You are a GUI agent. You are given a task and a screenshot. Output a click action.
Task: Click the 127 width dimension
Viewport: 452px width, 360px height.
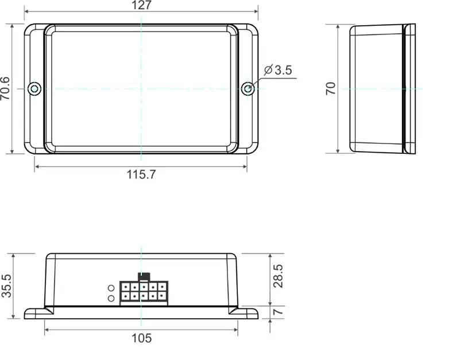pos(141,6)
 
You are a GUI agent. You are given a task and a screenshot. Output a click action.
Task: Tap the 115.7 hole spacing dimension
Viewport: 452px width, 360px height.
pos(141,175)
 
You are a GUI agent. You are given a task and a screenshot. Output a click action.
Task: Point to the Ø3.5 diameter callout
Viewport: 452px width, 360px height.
pos(279,70)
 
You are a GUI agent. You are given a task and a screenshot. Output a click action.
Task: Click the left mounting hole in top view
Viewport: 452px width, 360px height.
pos(35,88)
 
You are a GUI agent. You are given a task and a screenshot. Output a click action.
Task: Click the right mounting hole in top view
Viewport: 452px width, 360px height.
pos(248,88)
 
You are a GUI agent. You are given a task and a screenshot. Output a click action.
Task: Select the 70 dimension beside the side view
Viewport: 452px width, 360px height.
pos(331,88)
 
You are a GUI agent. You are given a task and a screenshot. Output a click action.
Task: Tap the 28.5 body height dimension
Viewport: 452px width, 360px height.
pos(278,276)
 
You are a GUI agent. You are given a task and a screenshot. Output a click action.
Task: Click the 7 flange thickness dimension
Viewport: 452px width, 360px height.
pos(278,312)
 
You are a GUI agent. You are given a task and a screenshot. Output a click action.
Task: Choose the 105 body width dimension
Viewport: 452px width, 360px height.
pos(141,338)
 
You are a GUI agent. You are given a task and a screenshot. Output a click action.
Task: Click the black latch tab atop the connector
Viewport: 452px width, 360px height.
pos(144,276)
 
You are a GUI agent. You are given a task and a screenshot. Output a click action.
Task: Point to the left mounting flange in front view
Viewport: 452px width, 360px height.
pos(36,313)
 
